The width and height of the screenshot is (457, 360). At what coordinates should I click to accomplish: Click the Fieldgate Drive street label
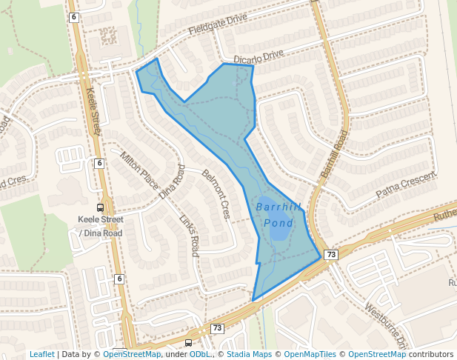(218, 33)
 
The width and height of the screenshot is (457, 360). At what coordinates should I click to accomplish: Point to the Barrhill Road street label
(334, 154)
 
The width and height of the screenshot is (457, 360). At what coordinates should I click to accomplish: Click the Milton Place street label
(139, 170)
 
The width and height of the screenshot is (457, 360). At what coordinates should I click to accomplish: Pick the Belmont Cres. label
(216, 195)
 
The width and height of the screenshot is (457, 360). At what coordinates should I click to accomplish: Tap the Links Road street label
(190, 236)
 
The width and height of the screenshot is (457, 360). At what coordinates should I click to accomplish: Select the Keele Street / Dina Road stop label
(101, 226)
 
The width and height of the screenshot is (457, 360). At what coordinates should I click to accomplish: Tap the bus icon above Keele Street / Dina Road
(101, 207)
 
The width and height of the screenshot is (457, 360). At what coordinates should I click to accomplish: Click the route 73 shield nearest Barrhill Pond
(331, 255)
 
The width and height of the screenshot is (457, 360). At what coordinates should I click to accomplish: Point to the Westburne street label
(385, 326)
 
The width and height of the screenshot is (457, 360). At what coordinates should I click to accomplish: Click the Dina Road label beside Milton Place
(172, 182)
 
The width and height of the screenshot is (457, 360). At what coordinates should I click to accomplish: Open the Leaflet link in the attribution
(41, 354)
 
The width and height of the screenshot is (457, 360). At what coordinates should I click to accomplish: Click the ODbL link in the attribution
(199, 354)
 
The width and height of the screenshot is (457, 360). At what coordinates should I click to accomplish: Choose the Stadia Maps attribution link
(249, 354)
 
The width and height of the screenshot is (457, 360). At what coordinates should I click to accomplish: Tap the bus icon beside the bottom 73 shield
(189, 343)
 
